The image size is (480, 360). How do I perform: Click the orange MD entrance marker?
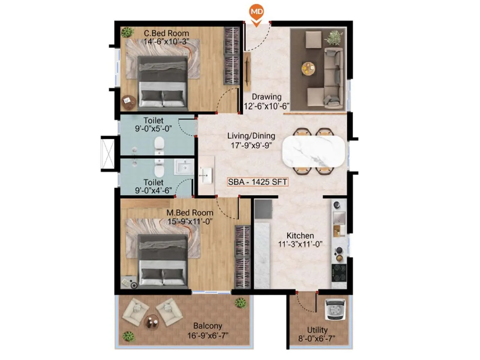(x=256, y=13)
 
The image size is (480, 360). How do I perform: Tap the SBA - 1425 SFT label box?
(x=257, y=182)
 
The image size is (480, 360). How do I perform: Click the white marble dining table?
(x=313, y=151)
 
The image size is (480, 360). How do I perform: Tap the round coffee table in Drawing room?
(x=308, y=68)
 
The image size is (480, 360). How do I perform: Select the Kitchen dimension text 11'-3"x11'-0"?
(x=300, y=244)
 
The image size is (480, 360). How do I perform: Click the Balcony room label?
(x=208, y=326)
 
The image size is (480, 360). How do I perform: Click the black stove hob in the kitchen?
(x=339, y=273)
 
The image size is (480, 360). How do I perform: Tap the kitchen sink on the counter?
(x=339, y=217)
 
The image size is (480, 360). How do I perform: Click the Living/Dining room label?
(x=251, y=136)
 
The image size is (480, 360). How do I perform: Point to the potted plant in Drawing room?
(x=334, y=37)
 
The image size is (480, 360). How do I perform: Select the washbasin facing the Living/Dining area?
(x=206, y=175)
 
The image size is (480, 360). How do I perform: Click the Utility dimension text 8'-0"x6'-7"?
(x=317, y=338)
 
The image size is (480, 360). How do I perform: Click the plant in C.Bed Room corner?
(x=127, y=32)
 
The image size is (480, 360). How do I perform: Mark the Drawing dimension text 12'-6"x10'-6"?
(x=266, y=106)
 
